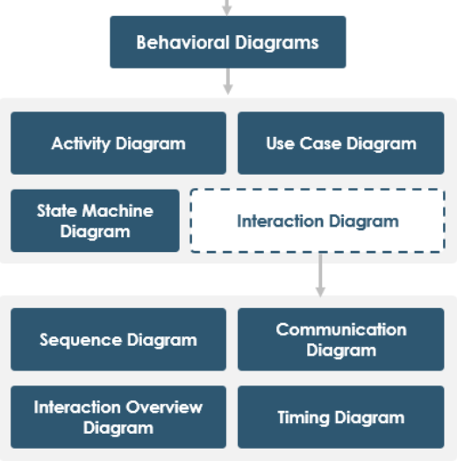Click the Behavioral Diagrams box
[x=227, y=41]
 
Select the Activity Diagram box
[x=118, y=143]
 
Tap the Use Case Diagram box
[x=341, y=143]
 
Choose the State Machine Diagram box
[x=95, y=221]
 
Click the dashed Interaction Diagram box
[x=318, y=221]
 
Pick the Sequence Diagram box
[x=118, y=340]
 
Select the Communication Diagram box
[x=341, y=340]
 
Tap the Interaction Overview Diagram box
[x=118, y=417]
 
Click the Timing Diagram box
[x=341, y=417]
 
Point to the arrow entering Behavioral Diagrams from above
[x=227, y=7]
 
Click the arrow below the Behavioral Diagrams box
[x=227, y=82]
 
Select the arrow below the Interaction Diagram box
[x=320, y=275]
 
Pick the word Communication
[x=341, y=330]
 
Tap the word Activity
[x=81, y=143]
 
